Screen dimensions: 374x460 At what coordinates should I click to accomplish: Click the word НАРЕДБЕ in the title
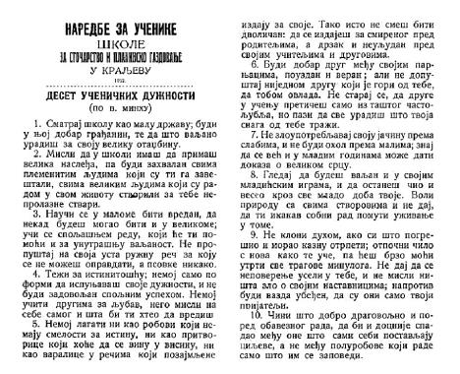[70, 15]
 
